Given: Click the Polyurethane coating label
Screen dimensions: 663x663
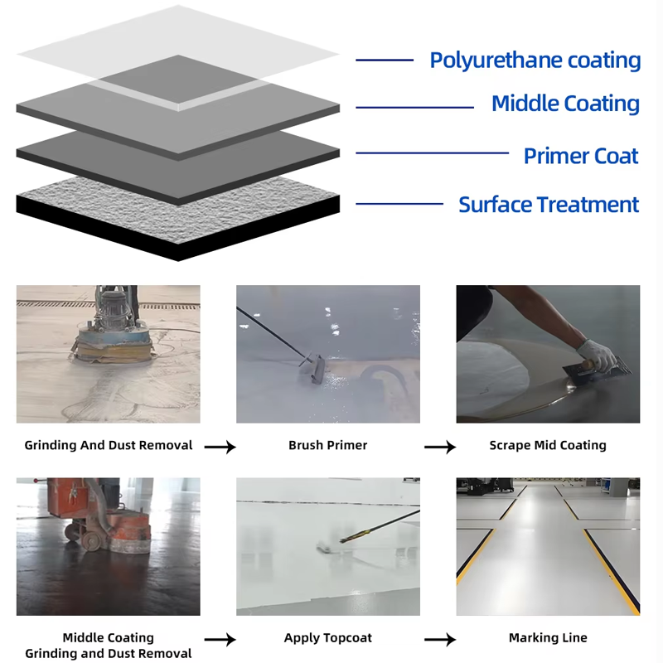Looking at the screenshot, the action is tap(535, 60).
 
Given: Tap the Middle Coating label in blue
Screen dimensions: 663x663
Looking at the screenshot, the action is tap(565, 104).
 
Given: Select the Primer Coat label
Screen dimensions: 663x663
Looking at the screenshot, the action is tap(581, 156).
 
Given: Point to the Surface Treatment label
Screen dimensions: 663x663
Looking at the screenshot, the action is tap(549, 205).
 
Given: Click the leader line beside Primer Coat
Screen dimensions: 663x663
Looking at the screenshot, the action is tap(432, 152).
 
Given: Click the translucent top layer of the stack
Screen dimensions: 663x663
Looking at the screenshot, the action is tap(178, 41).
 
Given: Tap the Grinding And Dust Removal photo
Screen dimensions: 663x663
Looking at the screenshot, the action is tap(108, 354).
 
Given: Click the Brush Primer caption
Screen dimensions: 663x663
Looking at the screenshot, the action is tap(328, 445).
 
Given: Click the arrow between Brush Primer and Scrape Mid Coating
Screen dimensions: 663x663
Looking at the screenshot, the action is tap(440, 447).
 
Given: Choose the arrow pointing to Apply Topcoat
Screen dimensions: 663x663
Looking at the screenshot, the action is tap(220, 640).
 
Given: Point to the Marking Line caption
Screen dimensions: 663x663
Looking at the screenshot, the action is tap(548, 637).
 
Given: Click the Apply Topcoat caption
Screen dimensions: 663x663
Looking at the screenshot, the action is tap(328, 637).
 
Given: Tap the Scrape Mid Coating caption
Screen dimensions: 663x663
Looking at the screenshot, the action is tap(548, 445).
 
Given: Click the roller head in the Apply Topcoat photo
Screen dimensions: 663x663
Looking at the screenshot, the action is tap(329, 549).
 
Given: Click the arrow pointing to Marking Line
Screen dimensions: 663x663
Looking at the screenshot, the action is tap(440, 640).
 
